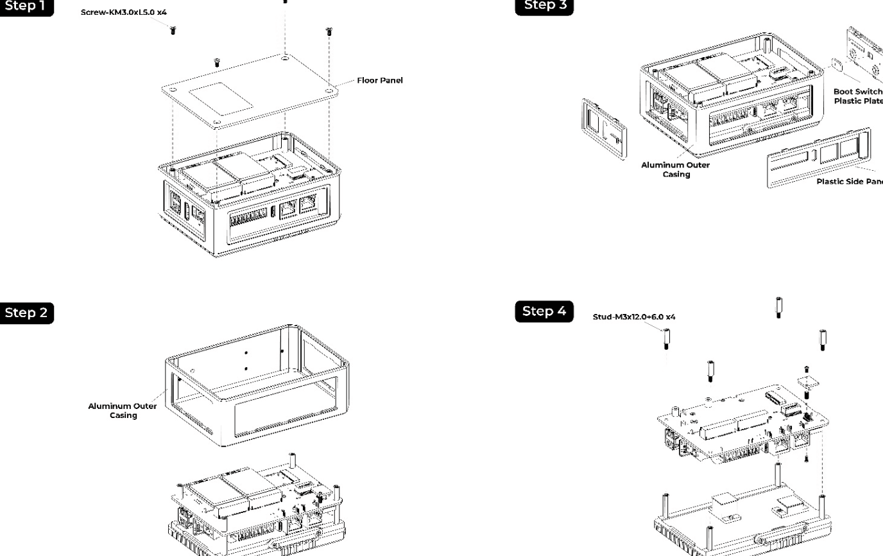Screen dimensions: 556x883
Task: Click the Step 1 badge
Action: click(x=26, y=6)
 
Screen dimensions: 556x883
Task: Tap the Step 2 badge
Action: click(x=26, y=313)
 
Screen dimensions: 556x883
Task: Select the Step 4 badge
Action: click(x=544, y=311)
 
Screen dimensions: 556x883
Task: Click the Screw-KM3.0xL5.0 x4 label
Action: click(x=124, y=12)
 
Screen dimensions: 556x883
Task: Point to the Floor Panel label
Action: click(x=380, y=80)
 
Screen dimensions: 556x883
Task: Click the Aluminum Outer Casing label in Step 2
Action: click(x=123, y=410)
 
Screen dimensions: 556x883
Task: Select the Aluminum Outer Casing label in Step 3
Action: click(x=676, y=169)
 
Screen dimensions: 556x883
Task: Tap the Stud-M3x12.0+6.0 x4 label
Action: click(x=634, y=317)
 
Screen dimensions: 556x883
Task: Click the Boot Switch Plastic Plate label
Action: click(x=858, y=96)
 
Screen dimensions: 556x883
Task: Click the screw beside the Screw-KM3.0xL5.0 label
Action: click(x=173, y=30)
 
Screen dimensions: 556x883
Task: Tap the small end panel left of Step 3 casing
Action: click(x=604, y=128)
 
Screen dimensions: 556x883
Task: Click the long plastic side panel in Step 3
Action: click(x=818, y=157)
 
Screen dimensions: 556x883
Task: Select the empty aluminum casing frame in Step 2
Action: click(x=257, y=385)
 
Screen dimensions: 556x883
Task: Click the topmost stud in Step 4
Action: click(x=778, y=307)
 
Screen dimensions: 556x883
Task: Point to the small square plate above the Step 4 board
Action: click(x=806, y=383)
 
